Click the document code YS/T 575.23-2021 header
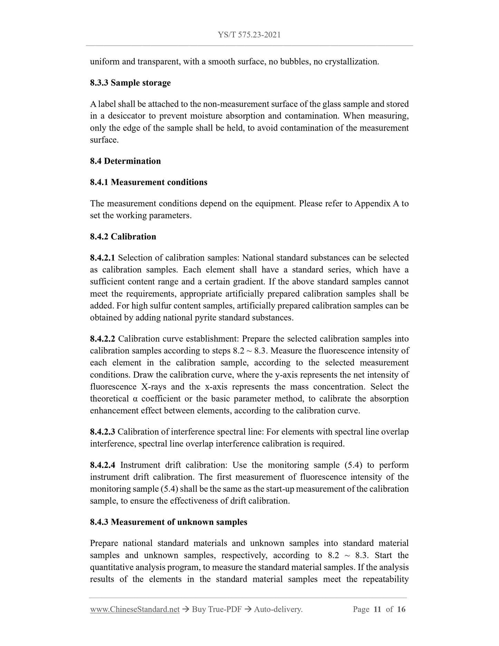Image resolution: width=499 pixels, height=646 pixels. click(x=249, y=35)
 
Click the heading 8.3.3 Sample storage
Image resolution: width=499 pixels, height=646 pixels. click(x=130, y=83)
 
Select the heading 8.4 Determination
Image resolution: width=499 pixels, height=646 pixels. click(x=125, y=161)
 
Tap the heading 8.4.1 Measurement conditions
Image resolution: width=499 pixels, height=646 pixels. click(x=148, y=182)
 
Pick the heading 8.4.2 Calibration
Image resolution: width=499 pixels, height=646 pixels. click(x=123, y=237)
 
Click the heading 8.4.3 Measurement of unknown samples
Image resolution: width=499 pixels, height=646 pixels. click(x=169, y=522)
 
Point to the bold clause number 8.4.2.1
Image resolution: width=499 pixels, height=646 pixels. click(x=103, y=258)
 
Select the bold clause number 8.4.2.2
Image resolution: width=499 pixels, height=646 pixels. click(x=103, y=339)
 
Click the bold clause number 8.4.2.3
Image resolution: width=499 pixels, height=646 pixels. click(x=103, y=432)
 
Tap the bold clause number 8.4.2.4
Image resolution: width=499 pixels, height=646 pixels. click(x=103, y=465)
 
